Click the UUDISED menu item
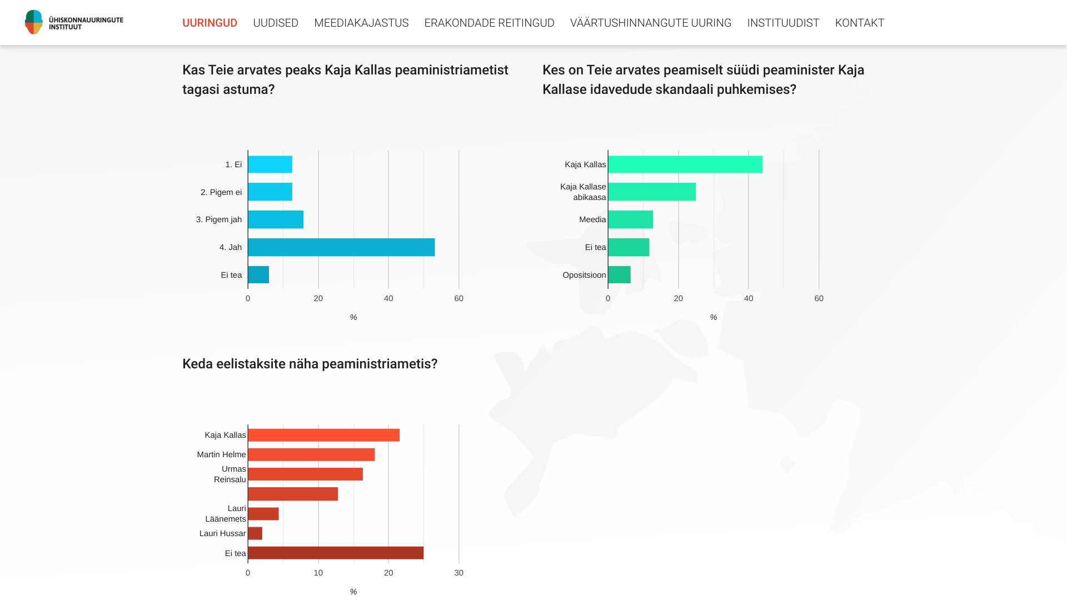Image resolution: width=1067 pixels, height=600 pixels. pyautogui.click(x=276, y=23)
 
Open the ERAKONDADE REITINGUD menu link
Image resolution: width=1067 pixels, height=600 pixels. pyautogui.click(x=489, y=23)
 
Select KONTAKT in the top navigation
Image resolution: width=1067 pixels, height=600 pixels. pyautogui.click(x=859, y=23)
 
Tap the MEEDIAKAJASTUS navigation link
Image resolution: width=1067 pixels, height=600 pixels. pyautogui.click(x=361, y=23)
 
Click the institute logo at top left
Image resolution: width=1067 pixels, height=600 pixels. pyautogui.click(x=74, y=22)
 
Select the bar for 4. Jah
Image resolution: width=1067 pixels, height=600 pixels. pyautogui.click(x=341, y=247)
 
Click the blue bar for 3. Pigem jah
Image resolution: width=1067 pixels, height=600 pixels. pyautogui.click(x=276, y=219)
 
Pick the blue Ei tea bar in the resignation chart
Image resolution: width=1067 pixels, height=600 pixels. pyautogui.click(x=258, y=274)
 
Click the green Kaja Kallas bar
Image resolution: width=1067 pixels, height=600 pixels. pyautogui.click(x=685, y=164)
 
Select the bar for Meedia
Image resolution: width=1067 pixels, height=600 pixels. pyautogui.click(x=631, y=219)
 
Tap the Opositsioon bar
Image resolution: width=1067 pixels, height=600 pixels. pyautogui.click(x=620, y=274)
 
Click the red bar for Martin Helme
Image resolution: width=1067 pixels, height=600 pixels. pyautogui.click(x=311, y=454)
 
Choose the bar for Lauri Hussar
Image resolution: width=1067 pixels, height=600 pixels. pyautogui.click(x=255, y=533)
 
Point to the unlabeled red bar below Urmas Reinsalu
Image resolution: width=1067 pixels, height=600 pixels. pyautogui.click(x=293, y=494)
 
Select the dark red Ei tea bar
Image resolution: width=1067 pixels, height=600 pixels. pyautogui.click(x=336, y=553)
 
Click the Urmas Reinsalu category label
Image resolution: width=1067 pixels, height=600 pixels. pyautogui.click(x=230, y=474)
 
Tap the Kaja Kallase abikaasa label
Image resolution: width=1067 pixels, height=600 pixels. pyautogui.click(x=583, y=192)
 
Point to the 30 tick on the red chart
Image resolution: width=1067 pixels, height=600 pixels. pyautogui.click(x=458, y=573)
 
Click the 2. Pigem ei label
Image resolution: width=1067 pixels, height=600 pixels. pyautogui.click(x=221, y=192)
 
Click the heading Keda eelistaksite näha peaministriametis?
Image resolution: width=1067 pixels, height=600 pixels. pyautogui.click(x=310, y=364)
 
